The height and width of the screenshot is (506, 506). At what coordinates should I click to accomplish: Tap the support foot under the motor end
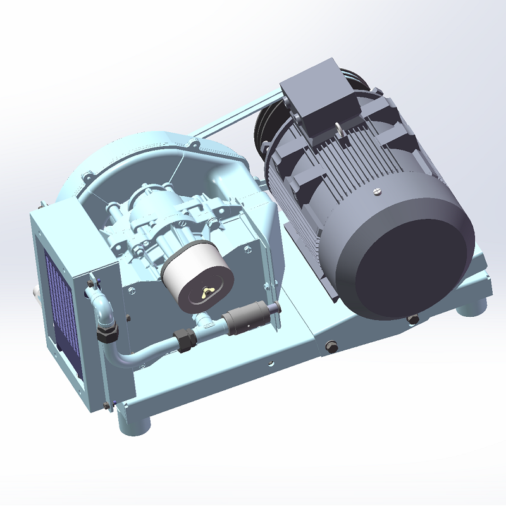coord(471,310)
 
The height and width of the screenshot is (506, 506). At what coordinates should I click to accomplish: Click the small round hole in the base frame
coord(271,364)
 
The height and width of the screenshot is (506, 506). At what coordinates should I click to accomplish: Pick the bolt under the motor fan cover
coord(414,319)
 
